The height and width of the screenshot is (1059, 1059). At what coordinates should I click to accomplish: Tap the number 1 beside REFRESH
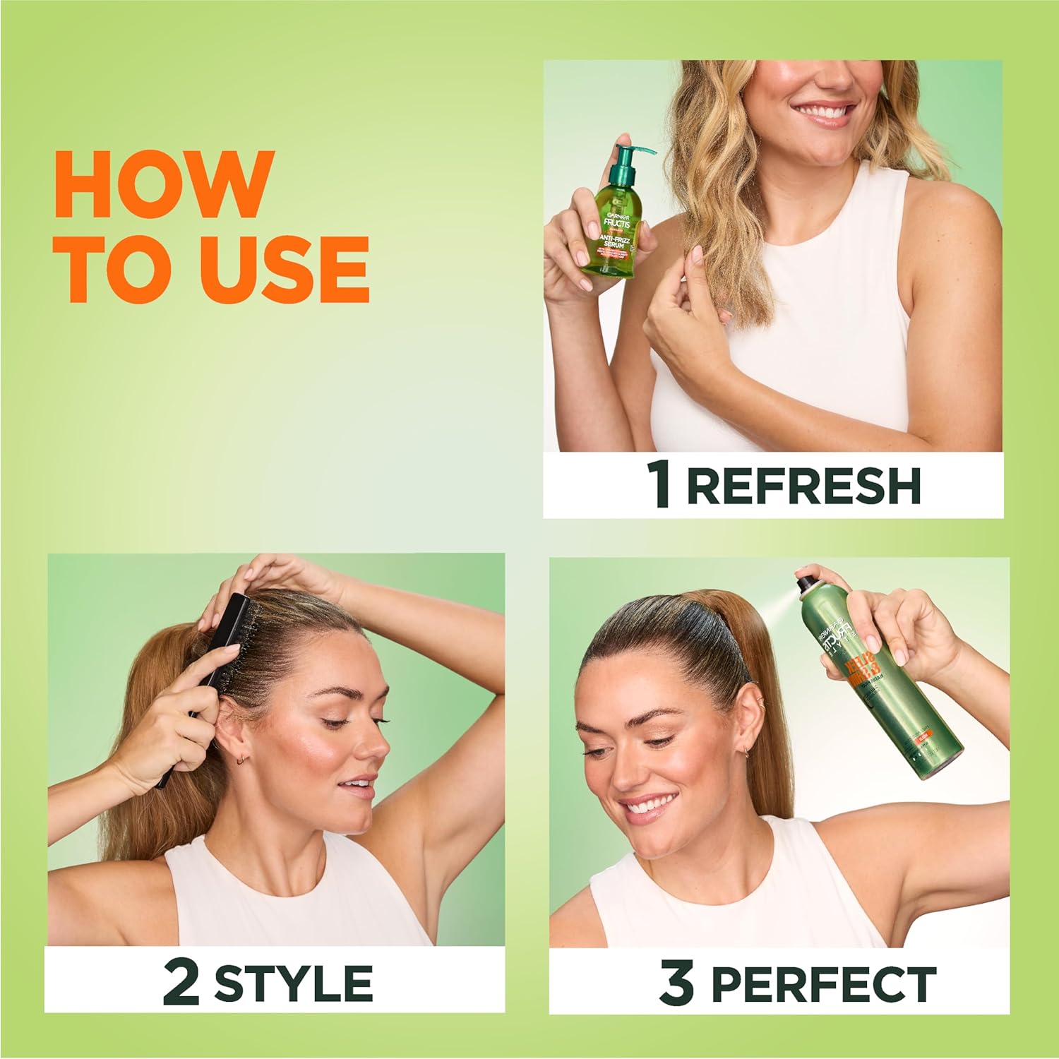659,486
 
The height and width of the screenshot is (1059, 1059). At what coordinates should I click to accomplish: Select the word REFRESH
804,486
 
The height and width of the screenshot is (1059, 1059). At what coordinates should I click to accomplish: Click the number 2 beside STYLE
181,983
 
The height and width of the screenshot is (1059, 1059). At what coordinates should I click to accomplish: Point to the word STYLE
294,983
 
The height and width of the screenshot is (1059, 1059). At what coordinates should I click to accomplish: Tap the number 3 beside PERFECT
676,983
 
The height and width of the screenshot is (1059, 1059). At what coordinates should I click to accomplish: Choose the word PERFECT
823,983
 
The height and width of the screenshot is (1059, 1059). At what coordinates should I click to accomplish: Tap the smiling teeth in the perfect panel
647,806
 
